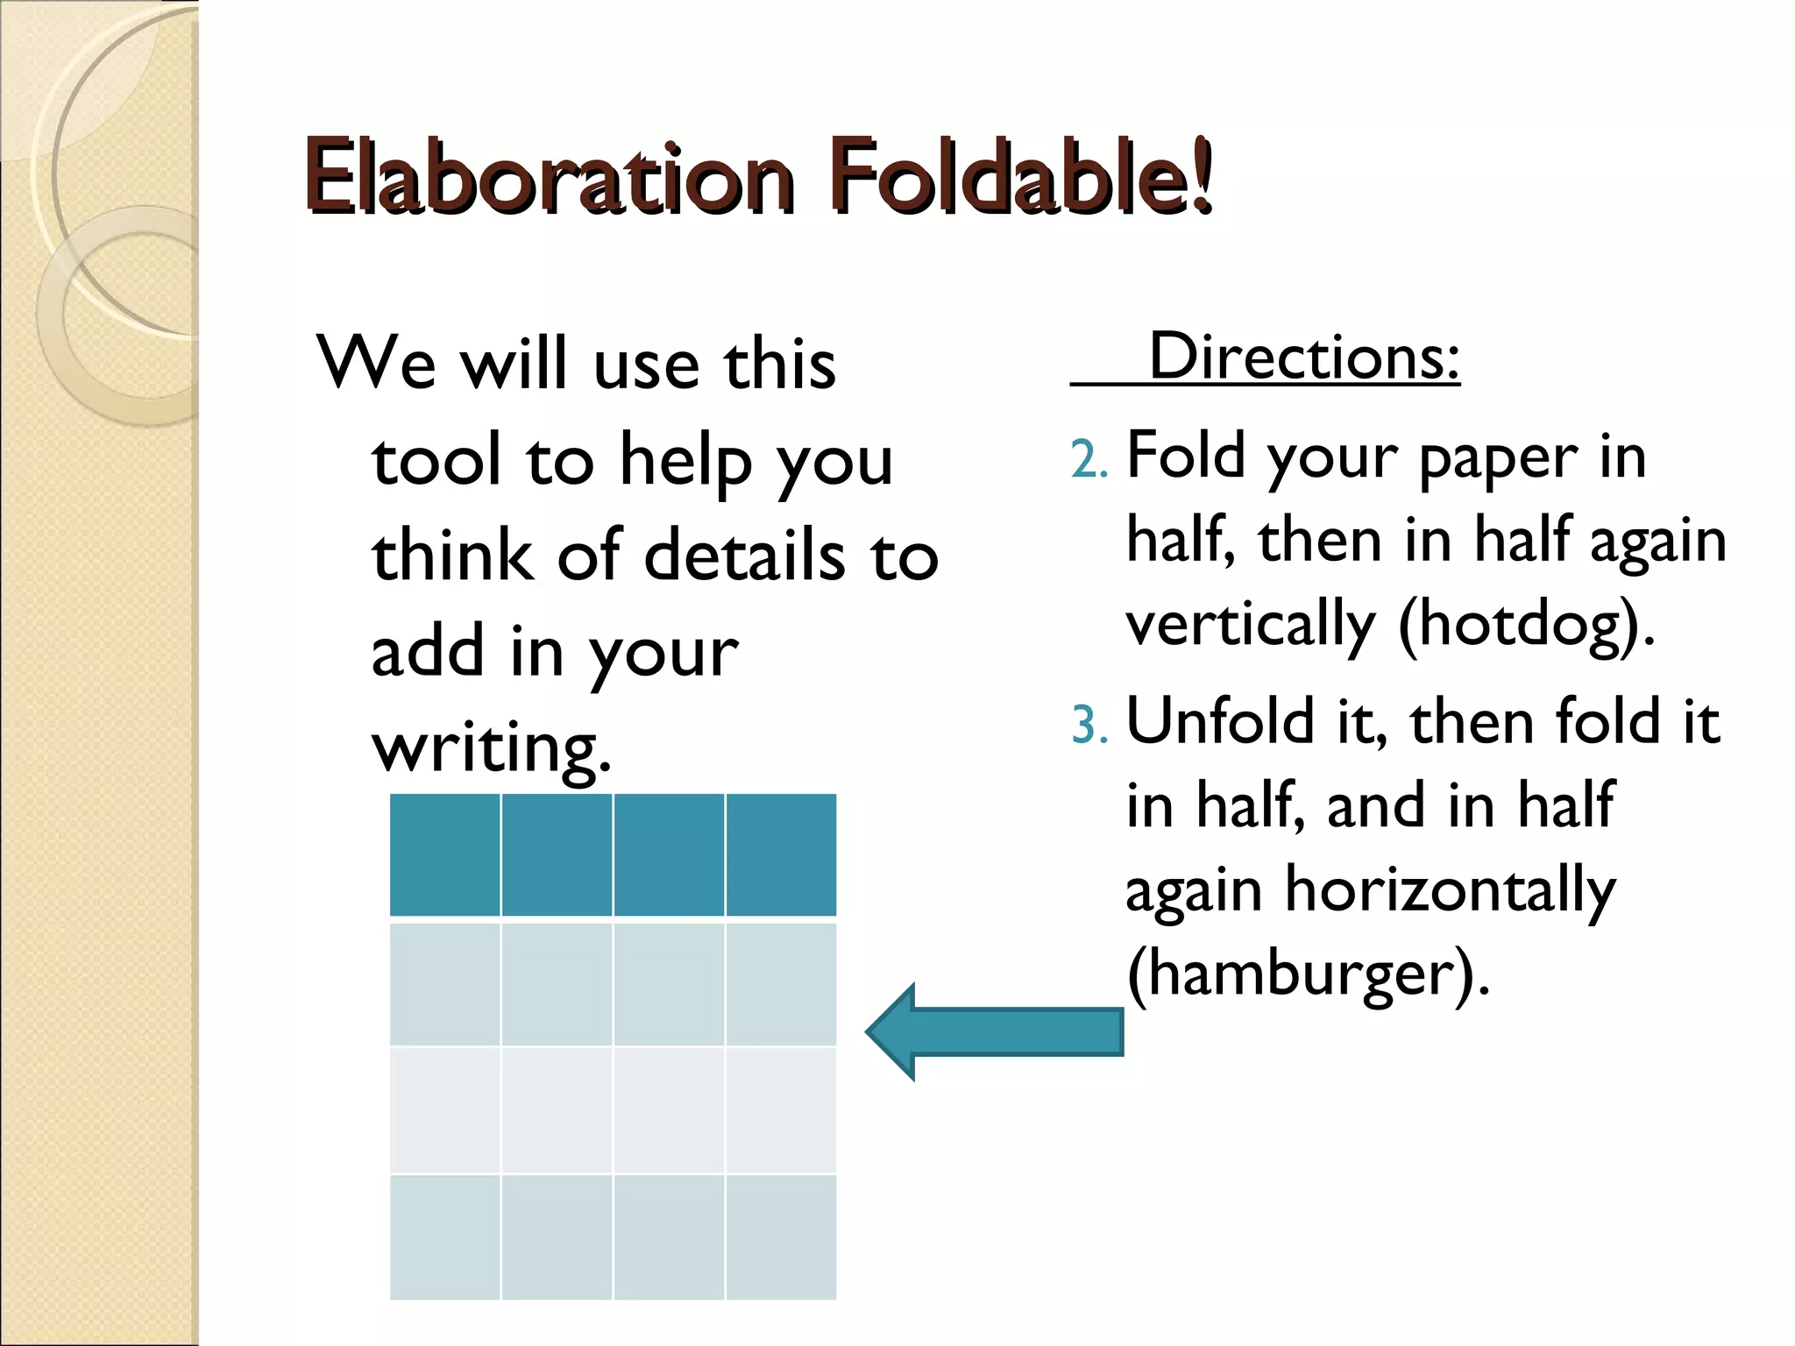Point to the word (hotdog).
(x=1526, y=625)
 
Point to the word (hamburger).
(x=1308, y=974)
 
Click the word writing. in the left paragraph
(x=491, y=747)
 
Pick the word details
(x=744, y=556)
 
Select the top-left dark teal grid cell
(x=445, y=854)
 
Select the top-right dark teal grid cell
(x=781, y=854)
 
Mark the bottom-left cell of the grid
(x=445, y=1236)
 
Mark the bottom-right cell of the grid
(x=781, y=1236)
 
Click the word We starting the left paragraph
(x=376, y=363)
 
